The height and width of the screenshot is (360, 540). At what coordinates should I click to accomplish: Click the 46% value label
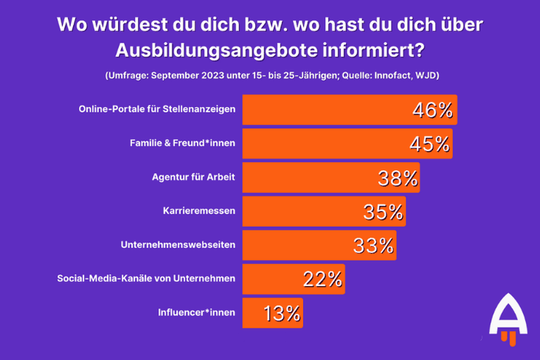coord(432,110)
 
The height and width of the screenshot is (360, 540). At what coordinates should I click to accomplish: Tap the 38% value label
coord(398,178)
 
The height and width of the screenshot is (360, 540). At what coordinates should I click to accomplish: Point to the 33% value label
coord(373,245)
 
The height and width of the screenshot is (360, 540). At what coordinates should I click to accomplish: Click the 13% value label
coord(282,313)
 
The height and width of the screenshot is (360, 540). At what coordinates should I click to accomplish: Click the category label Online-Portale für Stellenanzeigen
coord(157,110)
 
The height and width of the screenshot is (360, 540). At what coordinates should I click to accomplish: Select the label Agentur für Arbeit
coord(193,178)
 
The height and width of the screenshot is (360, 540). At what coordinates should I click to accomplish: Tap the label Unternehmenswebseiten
coord(178,245)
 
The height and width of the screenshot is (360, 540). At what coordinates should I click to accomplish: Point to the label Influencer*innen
coord(196,313)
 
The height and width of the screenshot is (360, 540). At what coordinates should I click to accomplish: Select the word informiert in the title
coord(365,51)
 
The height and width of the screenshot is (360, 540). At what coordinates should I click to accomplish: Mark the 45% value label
coord(429,143)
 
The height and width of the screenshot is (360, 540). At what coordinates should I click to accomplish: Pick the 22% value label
coord(323,279)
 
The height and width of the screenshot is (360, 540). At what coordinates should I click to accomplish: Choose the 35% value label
coord(383,212)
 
